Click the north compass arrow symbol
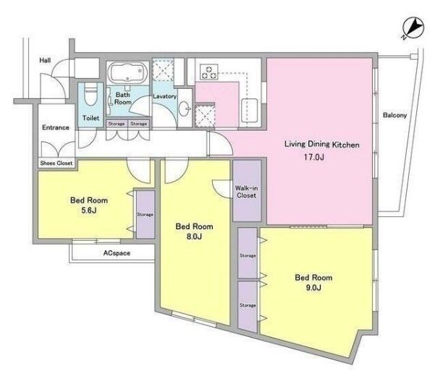click(x=413, y=28)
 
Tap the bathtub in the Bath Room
click(x=127, y=73)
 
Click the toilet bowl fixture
click(x=90, y=93)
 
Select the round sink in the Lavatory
click(x=185, y=108)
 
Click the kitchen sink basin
click(x=250, y=111)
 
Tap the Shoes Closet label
click(x=56, y=163)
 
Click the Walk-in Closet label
click(x=246, y=192)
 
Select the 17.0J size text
click(x=314, y=157)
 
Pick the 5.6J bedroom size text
click(x=89, y=210)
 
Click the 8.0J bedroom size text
click(x=194, y=236)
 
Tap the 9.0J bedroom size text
click(x=313, y=288)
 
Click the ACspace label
click(x=117, y=253)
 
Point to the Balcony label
click(x=394, y=115)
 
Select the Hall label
click(x=45, y=60)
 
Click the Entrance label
click(x=56, y=127)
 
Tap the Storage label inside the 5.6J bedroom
click(x=145, y=215)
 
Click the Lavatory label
click(x=164, y=96)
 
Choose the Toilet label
click(x=90, y=118)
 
